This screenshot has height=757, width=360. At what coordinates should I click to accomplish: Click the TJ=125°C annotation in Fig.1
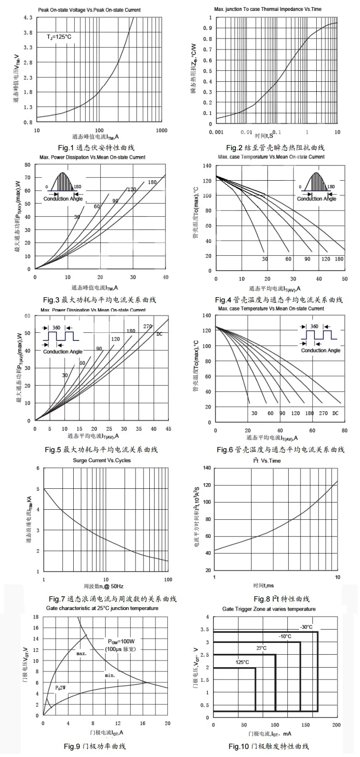pyautogui.click(x=59, y=37)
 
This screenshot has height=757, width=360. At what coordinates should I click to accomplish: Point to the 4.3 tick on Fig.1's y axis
pyautogui.click(x=28, y=18)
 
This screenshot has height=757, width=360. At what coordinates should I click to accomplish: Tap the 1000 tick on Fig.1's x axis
pyautogui.click(x=162, y=130)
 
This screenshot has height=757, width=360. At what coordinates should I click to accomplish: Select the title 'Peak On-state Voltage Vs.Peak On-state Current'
pyautogui.click(x=89, y=10)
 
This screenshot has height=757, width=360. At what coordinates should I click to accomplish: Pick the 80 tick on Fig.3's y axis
pyautogui.click(x=28, y=165)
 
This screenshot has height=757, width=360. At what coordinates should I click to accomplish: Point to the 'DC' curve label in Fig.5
pyautogui.click(x=159, y=334)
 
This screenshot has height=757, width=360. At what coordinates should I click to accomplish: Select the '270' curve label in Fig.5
pyautogui.click(x=147, y=327)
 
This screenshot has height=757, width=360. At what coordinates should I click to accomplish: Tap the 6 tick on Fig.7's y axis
pyautogui.click(x=38, y=468)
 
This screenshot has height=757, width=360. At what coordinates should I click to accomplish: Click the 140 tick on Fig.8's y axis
pyautogui.click(x=207, y=468)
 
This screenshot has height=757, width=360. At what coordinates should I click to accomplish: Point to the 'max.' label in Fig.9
pyautogui.click(x=81, y=654)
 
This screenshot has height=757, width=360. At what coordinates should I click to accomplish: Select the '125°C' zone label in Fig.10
pyautogui.click(x=243, y=662)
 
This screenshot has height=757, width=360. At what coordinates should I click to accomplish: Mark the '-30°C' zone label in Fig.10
pyautogui.click(x=306, y=627)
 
